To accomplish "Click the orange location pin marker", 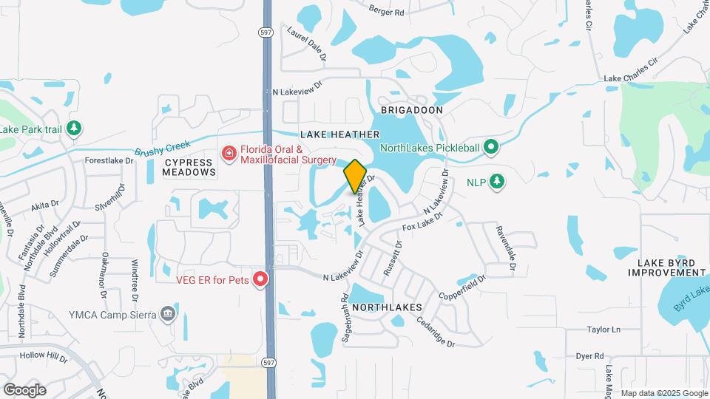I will pyautogui.click(x=356, y=176).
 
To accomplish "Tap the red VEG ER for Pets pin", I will pyautogui.click(x=260, y=279).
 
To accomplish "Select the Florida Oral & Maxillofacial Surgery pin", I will pyautogui.click(x=229, y=153).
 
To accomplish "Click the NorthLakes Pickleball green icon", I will pyautogui.click(x=490, y=148).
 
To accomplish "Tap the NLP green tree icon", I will pyautogui.click(x=498, y=182).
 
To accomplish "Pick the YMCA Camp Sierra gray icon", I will pyautogui.click(x=168, y=314).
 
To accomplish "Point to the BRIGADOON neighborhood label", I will pyautogui.click(x=411, y=110).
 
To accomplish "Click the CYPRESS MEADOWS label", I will pyautogui.click(x=190, y=167).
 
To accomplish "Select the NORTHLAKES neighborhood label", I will pyautogui.click(x=387, y=307).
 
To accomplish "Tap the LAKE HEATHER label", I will pyautogui.click(x=340, y=134).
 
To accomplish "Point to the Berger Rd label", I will pyautogui.click(x=387, y=13).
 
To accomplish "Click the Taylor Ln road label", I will pyautogui.click(x=603, y=330).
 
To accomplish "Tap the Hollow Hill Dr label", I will pyautogui.click(x=44, y=356).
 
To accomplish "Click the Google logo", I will pyautogui.click(x=24, y=390).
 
